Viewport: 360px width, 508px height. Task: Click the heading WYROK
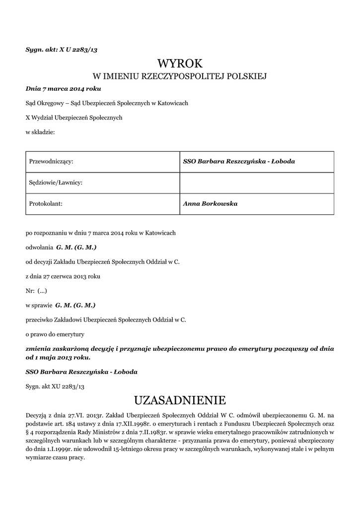tap(180, 63)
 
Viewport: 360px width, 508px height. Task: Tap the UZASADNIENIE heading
tap(180, 400)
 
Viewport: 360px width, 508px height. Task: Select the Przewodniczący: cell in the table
tap(52, 161)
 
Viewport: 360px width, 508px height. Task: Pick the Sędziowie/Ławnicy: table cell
tap(56, 183)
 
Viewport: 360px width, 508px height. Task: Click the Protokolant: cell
tap(48, 203)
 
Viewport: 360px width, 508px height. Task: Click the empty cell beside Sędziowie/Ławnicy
tap(256, 183)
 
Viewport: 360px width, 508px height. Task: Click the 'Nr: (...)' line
tap(36, 290)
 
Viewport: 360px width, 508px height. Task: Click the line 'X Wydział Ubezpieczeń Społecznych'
tap(73, 117)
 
